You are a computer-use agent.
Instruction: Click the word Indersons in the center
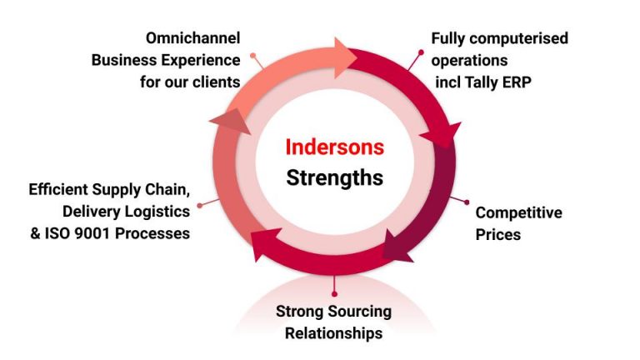(x=335, y=147)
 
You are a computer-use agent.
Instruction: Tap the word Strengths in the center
(x=335, y=177)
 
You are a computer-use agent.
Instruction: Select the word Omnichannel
(x=193, y=38)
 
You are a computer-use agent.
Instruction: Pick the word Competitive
(x=518, y=212)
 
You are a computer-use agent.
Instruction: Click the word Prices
(x=497, y=234)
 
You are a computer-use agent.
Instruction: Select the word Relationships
(x=333, y=333)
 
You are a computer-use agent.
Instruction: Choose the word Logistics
(x=155, y=212)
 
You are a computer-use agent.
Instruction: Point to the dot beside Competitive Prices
(x=466, y=202)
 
